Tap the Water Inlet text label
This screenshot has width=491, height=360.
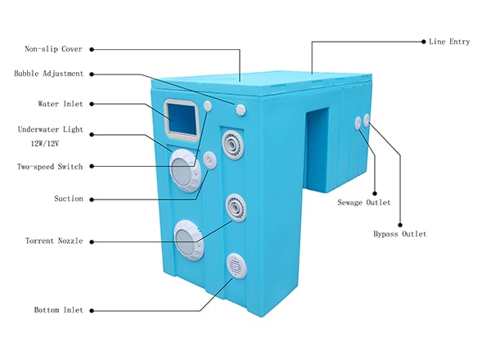61,104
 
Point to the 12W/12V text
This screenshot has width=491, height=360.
48,143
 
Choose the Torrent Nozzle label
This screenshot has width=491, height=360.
54,241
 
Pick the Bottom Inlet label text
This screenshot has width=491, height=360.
57,311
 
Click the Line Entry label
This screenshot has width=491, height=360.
449,41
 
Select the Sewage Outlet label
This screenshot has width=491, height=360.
364,202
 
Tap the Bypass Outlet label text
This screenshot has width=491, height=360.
400,234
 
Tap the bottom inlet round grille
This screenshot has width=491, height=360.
236,265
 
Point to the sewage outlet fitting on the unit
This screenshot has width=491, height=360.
358,122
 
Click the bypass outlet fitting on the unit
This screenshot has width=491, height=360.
367,120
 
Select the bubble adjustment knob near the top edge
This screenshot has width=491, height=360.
241,110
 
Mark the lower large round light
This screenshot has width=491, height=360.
188,241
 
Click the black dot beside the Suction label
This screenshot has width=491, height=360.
92,198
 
